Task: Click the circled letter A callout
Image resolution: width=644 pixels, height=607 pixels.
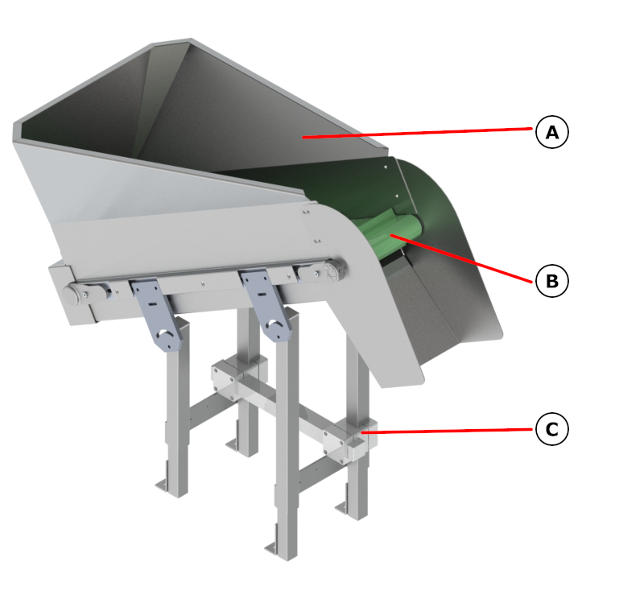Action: tap(552, 132)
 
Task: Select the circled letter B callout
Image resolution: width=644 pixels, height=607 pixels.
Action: tap(552, 281)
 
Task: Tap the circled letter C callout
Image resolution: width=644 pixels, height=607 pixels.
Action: tap(552, 429)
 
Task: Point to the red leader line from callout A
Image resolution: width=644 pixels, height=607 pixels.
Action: tap(418, 133)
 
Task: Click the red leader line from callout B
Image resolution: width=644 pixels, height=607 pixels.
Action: tap(461, 258)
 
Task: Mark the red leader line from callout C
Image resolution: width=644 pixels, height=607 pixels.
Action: tap(447, 431)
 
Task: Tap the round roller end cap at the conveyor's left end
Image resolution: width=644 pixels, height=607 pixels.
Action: tap(70, 295)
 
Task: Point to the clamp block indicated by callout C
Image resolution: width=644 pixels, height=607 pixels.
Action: tap(350, 440)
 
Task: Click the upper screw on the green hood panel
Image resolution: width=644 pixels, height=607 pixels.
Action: tap(386, 167)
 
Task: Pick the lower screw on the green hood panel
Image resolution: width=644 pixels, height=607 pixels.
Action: tap(397, 196)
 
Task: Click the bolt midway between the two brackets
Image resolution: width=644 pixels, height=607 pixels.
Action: tap(203, 283)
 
